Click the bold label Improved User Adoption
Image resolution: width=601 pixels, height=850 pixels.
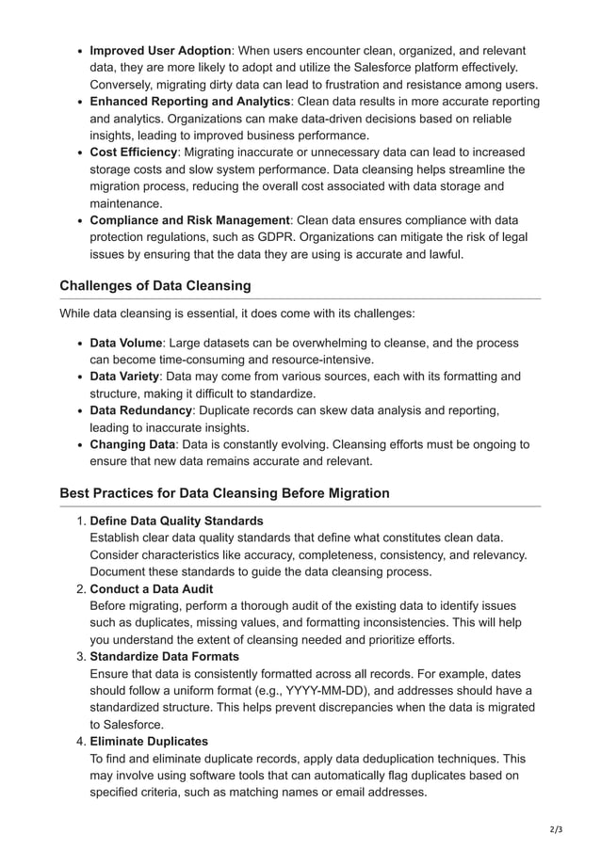(x=160, y=51)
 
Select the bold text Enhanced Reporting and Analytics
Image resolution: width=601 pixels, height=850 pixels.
(x=189, y=102)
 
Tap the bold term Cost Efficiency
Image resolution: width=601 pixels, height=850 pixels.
(x=133, y=152)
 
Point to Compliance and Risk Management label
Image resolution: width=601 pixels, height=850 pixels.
(x=189, y=220)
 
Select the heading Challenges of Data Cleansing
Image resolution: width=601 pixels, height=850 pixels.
(x=154, y=286)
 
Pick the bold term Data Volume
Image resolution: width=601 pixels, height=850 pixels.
(x=125, y=343)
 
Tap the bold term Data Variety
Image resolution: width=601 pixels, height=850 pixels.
(x=124, y=377)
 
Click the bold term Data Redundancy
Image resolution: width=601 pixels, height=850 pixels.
(x=140, y=410)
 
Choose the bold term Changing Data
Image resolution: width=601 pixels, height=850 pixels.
(x=132, y=444)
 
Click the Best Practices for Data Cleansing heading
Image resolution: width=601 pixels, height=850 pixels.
(x=224, y=493)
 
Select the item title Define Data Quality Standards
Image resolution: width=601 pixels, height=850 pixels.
(x=176, y=521)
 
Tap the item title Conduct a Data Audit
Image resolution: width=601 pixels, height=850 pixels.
(x=151, y=589)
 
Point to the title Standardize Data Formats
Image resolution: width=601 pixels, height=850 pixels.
(x=164, y=657)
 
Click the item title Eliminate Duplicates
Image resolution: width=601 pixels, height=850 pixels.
(x=149, y=742)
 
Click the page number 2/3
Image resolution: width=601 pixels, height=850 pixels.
(x=554, y=829)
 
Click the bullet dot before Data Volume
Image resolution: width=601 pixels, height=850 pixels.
(x=78, y=344)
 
